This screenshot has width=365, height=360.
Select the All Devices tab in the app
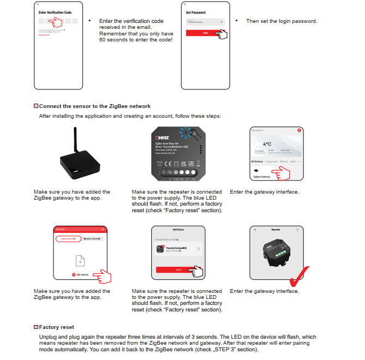[x=257, y=162]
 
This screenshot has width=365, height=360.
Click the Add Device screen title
[x=178, y=230]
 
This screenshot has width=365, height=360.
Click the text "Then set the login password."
[x=282, y=21]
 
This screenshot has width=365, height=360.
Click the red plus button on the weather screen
[x=299, y=131]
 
